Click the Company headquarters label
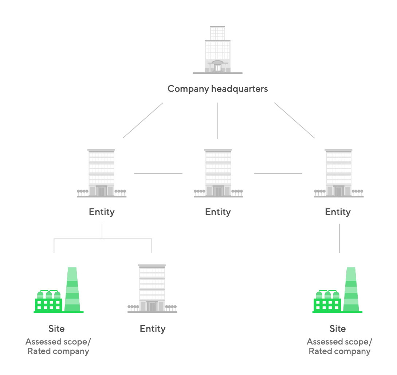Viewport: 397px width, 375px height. [x=217, y=89]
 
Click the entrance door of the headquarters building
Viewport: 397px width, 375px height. [x=217, y=67]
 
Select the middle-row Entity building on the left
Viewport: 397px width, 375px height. [x=102, y=173]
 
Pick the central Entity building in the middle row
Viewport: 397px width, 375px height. [x=218, y=173]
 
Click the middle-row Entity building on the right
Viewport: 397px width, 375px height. [x=338, y=173]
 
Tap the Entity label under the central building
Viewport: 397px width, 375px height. [x=218, y=212]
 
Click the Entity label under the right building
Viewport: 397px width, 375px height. [x=338, y=212]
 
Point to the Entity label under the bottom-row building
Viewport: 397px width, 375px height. [x=153, y=329]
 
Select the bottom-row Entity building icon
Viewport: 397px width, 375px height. [x=152, y=289]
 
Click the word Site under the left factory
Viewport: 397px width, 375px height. [x=56, y=329]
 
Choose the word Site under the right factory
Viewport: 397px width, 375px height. [x=338, y=329]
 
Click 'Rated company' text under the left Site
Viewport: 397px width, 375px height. [x=58, y=351]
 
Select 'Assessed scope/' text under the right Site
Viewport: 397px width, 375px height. [x=339, y=342]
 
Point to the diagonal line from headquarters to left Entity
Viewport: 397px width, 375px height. [x=143, y=120]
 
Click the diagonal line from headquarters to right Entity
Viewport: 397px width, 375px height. [x=294, y=120]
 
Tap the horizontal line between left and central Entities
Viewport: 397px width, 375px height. [x=158, y=173]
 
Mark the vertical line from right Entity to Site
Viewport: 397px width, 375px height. [x=339, y=238]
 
